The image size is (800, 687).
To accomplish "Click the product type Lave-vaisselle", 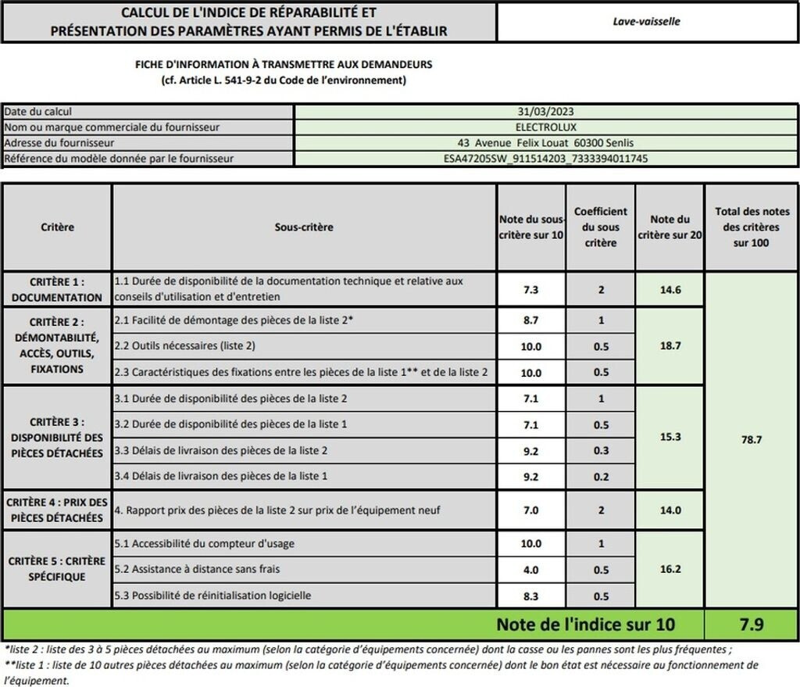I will click(x=646, y=22).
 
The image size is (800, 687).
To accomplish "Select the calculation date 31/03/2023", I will click(x=545, y=112).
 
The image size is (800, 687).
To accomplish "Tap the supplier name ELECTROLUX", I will click(x=545, y=127).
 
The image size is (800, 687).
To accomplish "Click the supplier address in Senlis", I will click(x=545, y=143).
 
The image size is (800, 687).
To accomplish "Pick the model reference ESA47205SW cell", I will click(x=545, y=159).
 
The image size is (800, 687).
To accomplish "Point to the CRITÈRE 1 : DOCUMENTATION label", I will click(x=57, y=289).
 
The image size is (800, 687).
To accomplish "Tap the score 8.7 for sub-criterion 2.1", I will click(x=530, y=320).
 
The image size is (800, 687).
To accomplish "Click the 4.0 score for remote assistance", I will click(x=530, y=570).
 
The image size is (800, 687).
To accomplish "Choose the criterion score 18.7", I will click(x=670, y=346).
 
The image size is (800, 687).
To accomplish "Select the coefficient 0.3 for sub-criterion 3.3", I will click(x=600, y=450).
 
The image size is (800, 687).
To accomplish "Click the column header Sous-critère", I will click(x=304, y=227).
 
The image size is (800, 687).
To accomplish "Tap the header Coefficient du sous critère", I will click(x=600, y=227).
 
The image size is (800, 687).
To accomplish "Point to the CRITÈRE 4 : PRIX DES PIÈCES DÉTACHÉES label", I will click(x=57, y=510).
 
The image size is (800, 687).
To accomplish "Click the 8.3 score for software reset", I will click(x=530, y=596).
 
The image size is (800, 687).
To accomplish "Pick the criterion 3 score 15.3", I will click(x=670, y=437).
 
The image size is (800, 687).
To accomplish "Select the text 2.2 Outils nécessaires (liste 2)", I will click(x=185, y=345).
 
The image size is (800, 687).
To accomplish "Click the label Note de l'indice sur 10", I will click(x=585, y=624).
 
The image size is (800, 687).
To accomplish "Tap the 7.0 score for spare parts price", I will click(x=530, y=510).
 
